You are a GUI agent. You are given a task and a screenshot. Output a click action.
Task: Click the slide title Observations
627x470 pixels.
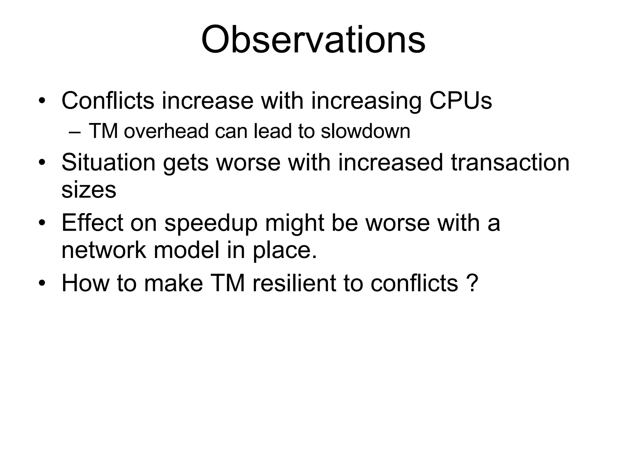point(313,40)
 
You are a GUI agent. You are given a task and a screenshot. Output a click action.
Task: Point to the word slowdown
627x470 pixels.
point(365,131)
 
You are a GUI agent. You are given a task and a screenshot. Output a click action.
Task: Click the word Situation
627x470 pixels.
point(108,162)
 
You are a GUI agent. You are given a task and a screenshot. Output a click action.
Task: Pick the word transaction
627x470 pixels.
point(510,162)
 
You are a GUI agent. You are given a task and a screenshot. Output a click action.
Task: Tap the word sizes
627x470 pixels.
point(89,190)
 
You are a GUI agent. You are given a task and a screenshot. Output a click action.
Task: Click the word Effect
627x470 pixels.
point(92,222)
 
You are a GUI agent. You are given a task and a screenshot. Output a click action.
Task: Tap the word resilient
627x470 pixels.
point(294,283)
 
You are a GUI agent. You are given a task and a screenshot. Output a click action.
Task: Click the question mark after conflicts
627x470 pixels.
point(473,283)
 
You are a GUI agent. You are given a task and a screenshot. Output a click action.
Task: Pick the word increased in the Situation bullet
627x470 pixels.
point(390,162)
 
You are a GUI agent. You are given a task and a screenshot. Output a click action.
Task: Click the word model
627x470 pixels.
point(186,250)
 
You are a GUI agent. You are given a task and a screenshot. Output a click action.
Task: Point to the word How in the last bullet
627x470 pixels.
point(85,283)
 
